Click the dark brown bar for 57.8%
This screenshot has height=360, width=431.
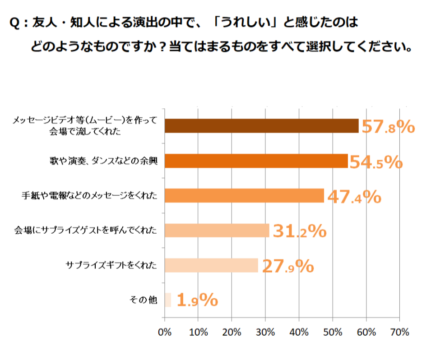(x=262, y=126)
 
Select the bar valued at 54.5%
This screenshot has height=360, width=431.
(x=256, y=161)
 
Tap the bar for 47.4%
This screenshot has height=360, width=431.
(x=244, y=195)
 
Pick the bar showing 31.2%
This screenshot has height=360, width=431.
(x=217, y=230)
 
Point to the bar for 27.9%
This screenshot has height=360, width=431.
(x=211, y=265)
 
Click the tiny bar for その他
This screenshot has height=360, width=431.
(x=168, y=300)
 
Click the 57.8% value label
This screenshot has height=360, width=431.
(x=388, y=127)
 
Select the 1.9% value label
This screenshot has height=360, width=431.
(x=197, y=301)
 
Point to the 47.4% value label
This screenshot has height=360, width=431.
(x=354, y=197)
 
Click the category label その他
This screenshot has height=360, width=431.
(x=143, y=300)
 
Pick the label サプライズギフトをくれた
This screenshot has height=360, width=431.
(x=111, y=265)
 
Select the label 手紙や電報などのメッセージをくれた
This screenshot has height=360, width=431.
(x=89, y=195)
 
